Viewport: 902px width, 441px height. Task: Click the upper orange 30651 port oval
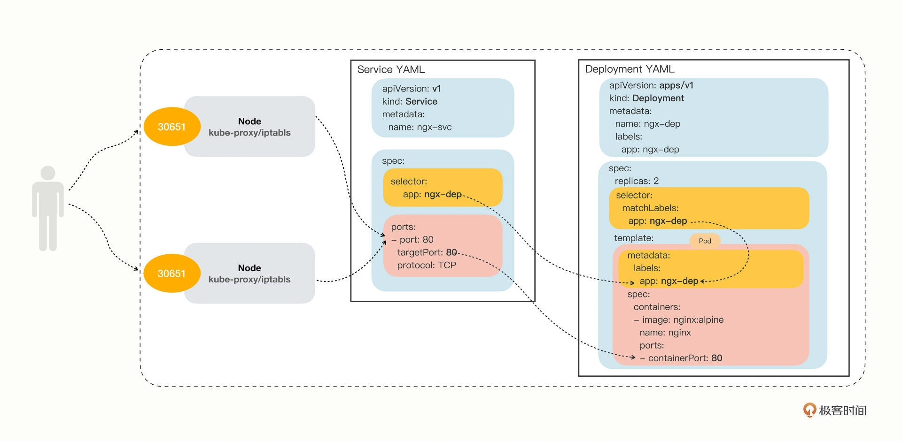[x=171, y=127]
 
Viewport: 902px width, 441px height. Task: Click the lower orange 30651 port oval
[x=171, y=274]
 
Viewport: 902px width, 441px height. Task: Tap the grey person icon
[x=48, y=208]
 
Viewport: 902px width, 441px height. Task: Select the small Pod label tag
[x=705, y=241]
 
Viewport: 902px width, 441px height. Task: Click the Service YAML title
[x=391, y=69]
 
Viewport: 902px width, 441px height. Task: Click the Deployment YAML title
[x=630, y=69]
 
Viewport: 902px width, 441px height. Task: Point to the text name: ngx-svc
[x=420, y=127]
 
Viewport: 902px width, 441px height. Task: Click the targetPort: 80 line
[x=427, y=252]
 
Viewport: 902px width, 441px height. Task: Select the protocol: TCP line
[x=427, y=265]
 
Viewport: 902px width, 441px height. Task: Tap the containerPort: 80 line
[x=681, y=358]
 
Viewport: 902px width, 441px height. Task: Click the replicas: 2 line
[x=637, y=181]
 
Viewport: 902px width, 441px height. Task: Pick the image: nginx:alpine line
[x=678, y=319]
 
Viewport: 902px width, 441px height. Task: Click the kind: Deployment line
[x=646, y=98]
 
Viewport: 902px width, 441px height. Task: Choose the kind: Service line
[x=410, y=101]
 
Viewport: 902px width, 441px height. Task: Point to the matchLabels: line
[x=650, y=208]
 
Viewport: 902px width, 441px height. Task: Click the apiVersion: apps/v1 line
[x=651, y=85]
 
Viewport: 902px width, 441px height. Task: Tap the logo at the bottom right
[x=835, y=411]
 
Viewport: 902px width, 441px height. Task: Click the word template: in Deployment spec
[x=634, y=238]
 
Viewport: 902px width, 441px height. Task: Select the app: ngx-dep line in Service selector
[x=432, y=194]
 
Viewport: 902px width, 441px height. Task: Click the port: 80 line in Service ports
[x=412, y=240]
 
